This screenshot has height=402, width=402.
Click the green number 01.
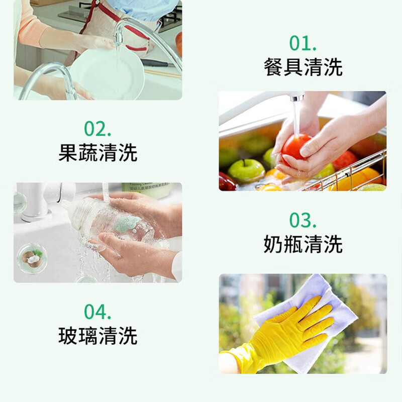303,44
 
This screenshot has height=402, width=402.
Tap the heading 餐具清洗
303,67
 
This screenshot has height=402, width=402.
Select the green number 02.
97,129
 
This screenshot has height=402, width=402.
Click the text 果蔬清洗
97,153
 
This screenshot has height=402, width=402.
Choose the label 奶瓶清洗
303,244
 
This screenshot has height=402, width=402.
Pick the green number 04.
97,312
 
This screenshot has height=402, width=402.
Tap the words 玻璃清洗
97,336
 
